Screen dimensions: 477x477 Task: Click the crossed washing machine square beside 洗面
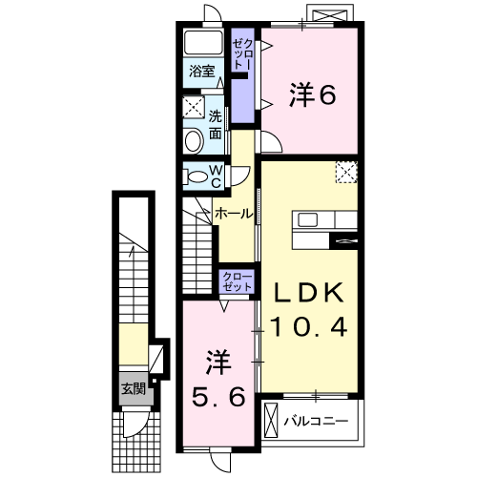tap(194, 107)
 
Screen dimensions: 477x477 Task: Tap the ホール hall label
tap(233, 213)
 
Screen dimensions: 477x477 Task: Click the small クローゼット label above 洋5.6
tap(238, 281)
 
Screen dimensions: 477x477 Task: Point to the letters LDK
tap(306, 292)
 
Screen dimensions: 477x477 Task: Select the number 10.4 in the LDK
tap(306, 327)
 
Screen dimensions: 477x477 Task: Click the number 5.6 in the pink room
tap(218, 393)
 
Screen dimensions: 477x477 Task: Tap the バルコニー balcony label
tap(317, 419)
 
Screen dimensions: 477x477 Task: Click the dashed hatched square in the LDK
tap(346, 172)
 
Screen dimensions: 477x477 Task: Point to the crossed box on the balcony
tap(272, 420)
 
